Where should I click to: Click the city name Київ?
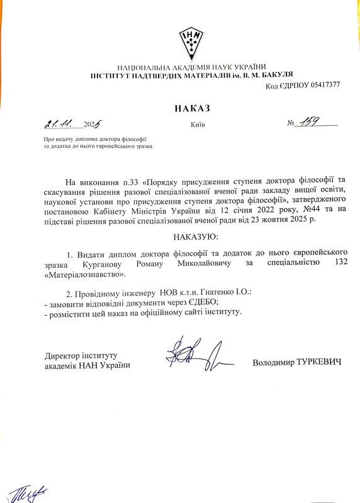pyautogui.click(x=198, y=124)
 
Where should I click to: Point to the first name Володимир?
pyautogui.click(x=273, y=363)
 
